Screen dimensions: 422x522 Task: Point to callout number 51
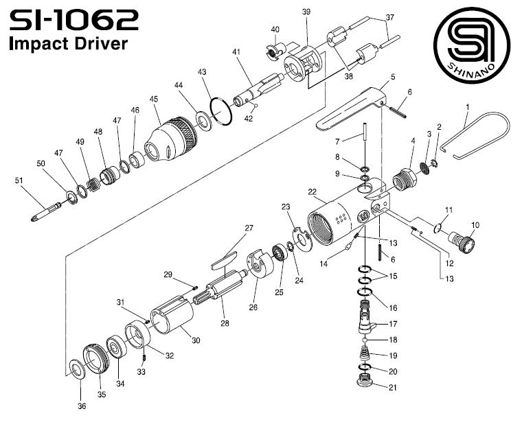coord(19,180)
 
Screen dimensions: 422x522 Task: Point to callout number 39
coord(306,13)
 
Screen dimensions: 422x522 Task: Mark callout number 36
coord(82,407)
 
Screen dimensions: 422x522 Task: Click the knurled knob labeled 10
coord(468,242)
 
